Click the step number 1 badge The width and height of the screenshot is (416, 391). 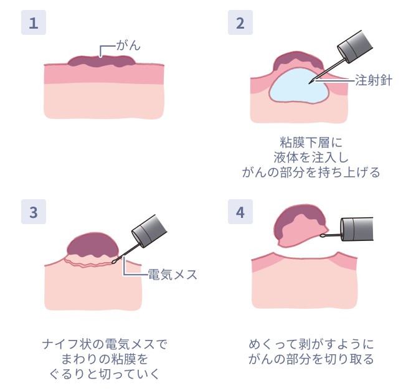click(34, 22)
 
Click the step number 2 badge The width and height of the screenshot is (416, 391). click(240, 22)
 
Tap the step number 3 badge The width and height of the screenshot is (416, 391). click(34, 212)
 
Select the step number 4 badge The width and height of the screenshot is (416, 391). click(240, 212)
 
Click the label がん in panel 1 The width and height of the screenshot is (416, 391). click(128, 45)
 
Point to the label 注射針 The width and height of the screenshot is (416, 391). click(373, 80)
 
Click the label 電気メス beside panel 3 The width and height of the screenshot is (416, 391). click(173, 275)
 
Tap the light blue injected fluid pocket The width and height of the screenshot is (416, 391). click(299, 86)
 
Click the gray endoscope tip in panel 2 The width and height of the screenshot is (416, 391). click(355, 47)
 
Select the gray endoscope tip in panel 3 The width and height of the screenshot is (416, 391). click(149, 231)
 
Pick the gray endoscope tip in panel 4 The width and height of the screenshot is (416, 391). click(357, 229)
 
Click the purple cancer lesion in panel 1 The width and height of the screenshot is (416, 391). click(102, 61)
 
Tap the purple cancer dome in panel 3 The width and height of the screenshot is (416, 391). click(93, 245)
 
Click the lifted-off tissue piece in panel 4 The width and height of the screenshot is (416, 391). click(301, 226)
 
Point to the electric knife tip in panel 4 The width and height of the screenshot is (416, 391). click(323, 235)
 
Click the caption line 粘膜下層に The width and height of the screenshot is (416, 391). click(311, 143)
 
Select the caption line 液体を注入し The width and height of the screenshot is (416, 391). click(311, 158)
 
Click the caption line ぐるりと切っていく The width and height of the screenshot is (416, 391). click(105, 374)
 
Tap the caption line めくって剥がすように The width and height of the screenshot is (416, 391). click(311, 344)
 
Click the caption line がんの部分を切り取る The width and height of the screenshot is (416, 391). click(311, 359)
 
